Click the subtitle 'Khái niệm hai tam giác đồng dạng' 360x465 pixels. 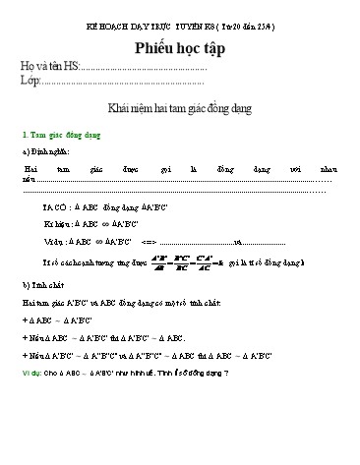(x=180, y=109)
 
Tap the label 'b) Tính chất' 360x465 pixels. (x=42, y=285)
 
